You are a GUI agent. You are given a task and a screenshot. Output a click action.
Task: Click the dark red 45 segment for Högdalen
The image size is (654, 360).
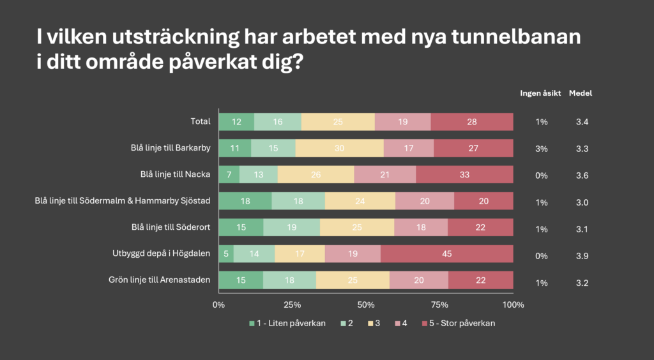point(446,254)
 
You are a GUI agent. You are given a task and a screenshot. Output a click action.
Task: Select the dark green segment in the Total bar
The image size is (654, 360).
point(236,121)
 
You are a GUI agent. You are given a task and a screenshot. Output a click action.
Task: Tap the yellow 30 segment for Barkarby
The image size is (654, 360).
point(339,148)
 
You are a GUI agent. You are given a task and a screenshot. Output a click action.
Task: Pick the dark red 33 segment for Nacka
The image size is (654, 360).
point(464,174)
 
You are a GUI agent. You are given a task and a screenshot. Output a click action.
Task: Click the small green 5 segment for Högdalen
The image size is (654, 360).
point(226,254)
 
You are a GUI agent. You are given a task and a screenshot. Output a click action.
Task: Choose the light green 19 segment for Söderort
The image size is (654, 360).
point(291,227)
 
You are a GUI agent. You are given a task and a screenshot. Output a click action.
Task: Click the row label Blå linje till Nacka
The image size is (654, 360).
point(176,174)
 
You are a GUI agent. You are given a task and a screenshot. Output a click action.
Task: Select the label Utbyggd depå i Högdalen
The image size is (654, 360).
point(161,254)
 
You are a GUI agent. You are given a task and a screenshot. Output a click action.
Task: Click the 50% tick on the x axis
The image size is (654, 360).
point(366,304)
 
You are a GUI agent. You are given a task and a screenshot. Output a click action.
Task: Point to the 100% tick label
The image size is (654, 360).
point(513,304)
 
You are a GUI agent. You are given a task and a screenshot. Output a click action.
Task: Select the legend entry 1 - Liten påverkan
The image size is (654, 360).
point(291,323)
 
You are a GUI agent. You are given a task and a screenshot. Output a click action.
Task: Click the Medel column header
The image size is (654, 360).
point(581,93)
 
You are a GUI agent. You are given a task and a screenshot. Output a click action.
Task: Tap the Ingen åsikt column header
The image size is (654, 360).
point(540,93)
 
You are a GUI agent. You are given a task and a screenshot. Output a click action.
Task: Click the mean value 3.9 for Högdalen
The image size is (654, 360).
point(581,256)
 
